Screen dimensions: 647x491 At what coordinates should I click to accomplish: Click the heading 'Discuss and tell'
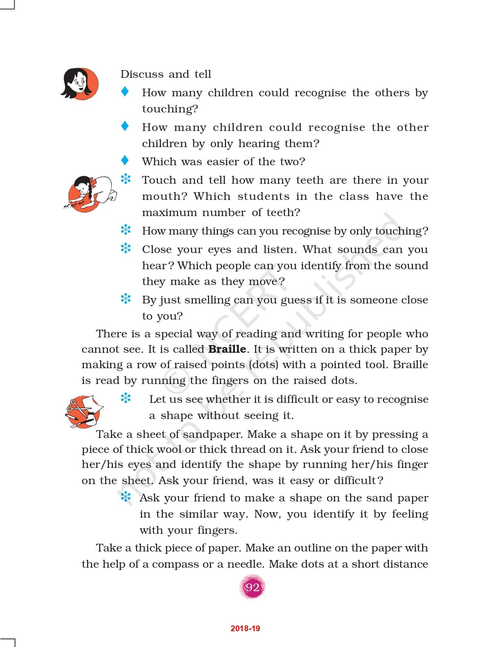(166, 74)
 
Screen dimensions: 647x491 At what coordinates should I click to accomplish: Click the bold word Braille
(227, 349)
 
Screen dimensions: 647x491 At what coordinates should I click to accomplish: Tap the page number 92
(253, 587)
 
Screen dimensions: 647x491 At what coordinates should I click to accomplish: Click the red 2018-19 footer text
(245, 629)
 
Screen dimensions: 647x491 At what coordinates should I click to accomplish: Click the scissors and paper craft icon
(84, 411)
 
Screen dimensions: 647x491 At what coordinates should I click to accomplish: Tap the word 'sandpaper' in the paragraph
(213, 434)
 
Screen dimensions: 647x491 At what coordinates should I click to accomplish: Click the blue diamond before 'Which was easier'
(125, 160)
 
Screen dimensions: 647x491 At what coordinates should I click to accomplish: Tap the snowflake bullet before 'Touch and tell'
(126, 179)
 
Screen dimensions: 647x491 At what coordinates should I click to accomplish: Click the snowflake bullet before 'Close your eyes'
(126, 248)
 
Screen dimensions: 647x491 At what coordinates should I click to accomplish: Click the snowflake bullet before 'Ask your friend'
(126, 497)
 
